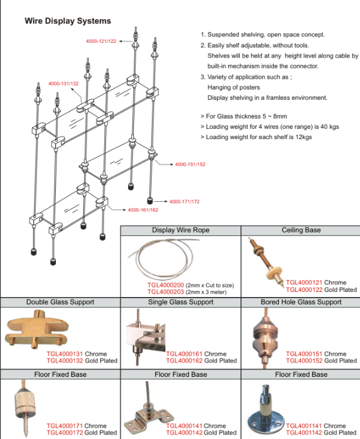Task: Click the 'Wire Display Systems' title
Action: pos(67,21)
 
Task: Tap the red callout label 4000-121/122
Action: pos(101,42)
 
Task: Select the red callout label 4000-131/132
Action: pos(63,84)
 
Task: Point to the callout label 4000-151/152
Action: pos(190,164)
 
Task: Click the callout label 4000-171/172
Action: pos(184,202)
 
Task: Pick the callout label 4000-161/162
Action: pos(143,210)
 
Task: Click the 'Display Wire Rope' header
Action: pos(181,230)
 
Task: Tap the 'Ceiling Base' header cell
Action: pos(301,230)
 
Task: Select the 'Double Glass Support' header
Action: pos(60,302)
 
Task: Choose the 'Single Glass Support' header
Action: pos(181,302)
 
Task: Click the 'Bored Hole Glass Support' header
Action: pos(301,302)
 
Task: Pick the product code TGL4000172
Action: pos(64,433)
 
